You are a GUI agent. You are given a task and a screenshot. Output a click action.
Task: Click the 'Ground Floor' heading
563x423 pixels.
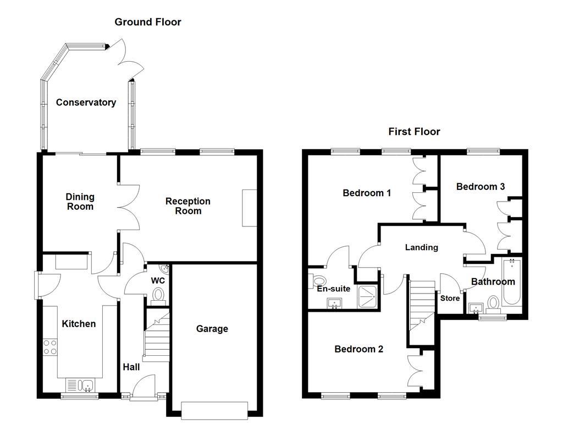pos(147,22)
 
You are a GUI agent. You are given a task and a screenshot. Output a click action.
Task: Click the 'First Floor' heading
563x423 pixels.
pos(414,132)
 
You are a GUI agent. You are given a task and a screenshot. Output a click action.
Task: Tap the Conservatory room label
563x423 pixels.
pos(86,102)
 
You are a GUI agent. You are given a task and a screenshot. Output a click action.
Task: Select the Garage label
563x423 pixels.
pos(212,329)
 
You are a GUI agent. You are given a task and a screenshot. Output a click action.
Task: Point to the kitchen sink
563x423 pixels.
pos(81,384)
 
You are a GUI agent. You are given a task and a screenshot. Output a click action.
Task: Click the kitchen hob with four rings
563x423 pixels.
pos(50,347)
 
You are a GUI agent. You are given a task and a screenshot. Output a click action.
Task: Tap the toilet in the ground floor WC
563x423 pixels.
pos(158,296)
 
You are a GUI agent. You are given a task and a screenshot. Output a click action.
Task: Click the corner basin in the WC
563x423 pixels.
pos(164,269)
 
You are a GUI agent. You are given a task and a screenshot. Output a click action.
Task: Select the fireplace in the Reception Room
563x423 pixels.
pos(250,208)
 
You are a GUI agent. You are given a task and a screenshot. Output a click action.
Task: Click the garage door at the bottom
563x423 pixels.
pos(214,410)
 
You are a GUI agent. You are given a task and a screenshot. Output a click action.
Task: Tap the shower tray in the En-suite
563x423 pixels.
pos(367,296)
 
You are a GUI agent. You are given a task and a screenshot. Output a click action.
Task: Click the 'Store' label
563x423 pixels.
pos(450,299)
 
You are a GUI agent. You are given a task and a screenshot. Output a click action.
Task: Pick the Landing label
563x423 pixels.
pos(422,247)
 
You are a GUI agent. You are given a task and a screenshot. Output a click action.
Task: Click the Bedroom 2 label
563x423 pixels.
pos(358,349)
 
